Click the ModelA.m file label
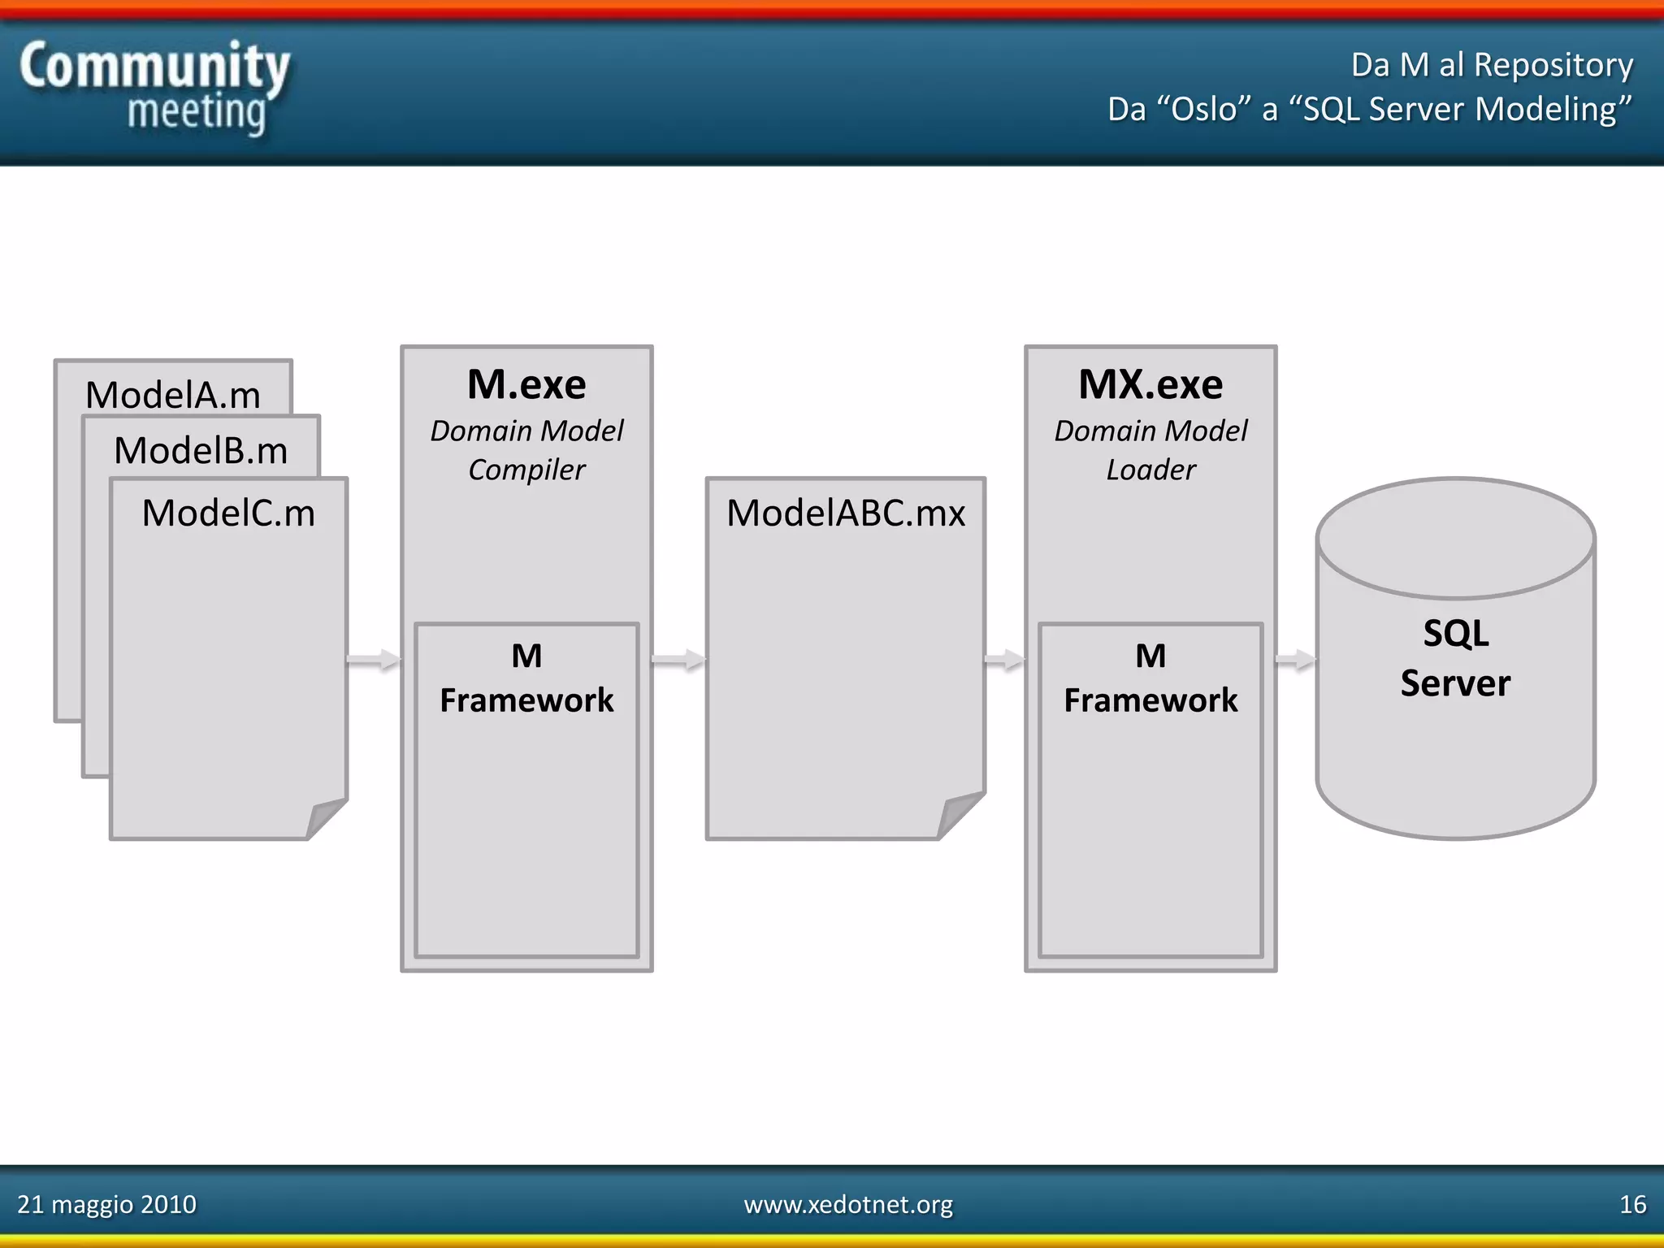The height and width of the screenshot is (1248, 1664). (173, 396)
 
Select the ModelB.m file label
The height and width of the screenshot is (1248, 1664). (201, 451)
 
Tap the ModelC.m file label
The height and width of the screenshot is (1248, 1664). (228, 513)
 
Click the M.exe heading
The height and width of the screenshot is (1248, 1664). (526, 384)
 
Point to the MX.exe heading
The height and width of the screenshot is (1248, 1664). (1150, 384)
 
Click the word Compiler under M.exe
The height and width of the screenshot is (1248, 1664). (526, 470)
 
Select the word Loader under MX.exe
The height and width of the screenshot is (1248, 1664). (1150, 470)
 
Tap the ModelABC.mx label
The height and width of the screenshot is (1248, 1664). (846, 513)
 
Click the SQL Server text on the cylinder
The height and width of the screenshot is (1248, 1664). (1455, 658)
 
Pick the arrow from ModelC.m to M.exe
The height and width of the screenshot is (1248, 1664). (374, 660)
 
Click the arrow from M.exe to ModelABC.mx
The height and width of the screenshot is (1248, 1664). (679, 660)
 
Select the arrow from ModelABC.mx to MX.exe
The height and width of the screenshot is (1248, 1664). (1005, 660)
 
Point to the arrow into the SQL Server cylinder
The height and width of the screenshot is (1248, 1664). (1296, 660)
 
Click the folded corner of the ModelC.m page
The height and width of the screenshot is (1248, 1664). (325, 817)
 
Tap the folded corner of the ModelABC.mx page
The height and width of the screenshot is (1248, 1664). (959, 814)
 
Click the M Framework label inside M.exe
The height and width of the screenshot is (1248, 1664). (526, 678)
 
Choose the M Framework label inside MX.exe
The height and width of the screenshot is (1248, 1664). (1150, 678)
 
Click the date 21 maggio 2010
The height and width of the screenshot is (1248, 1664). (106, 1204)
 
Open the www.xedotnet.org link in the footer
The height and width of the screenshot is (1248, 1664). (848, 1204)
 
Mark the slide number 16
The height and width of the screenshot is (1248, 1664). (1632, 1204)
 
